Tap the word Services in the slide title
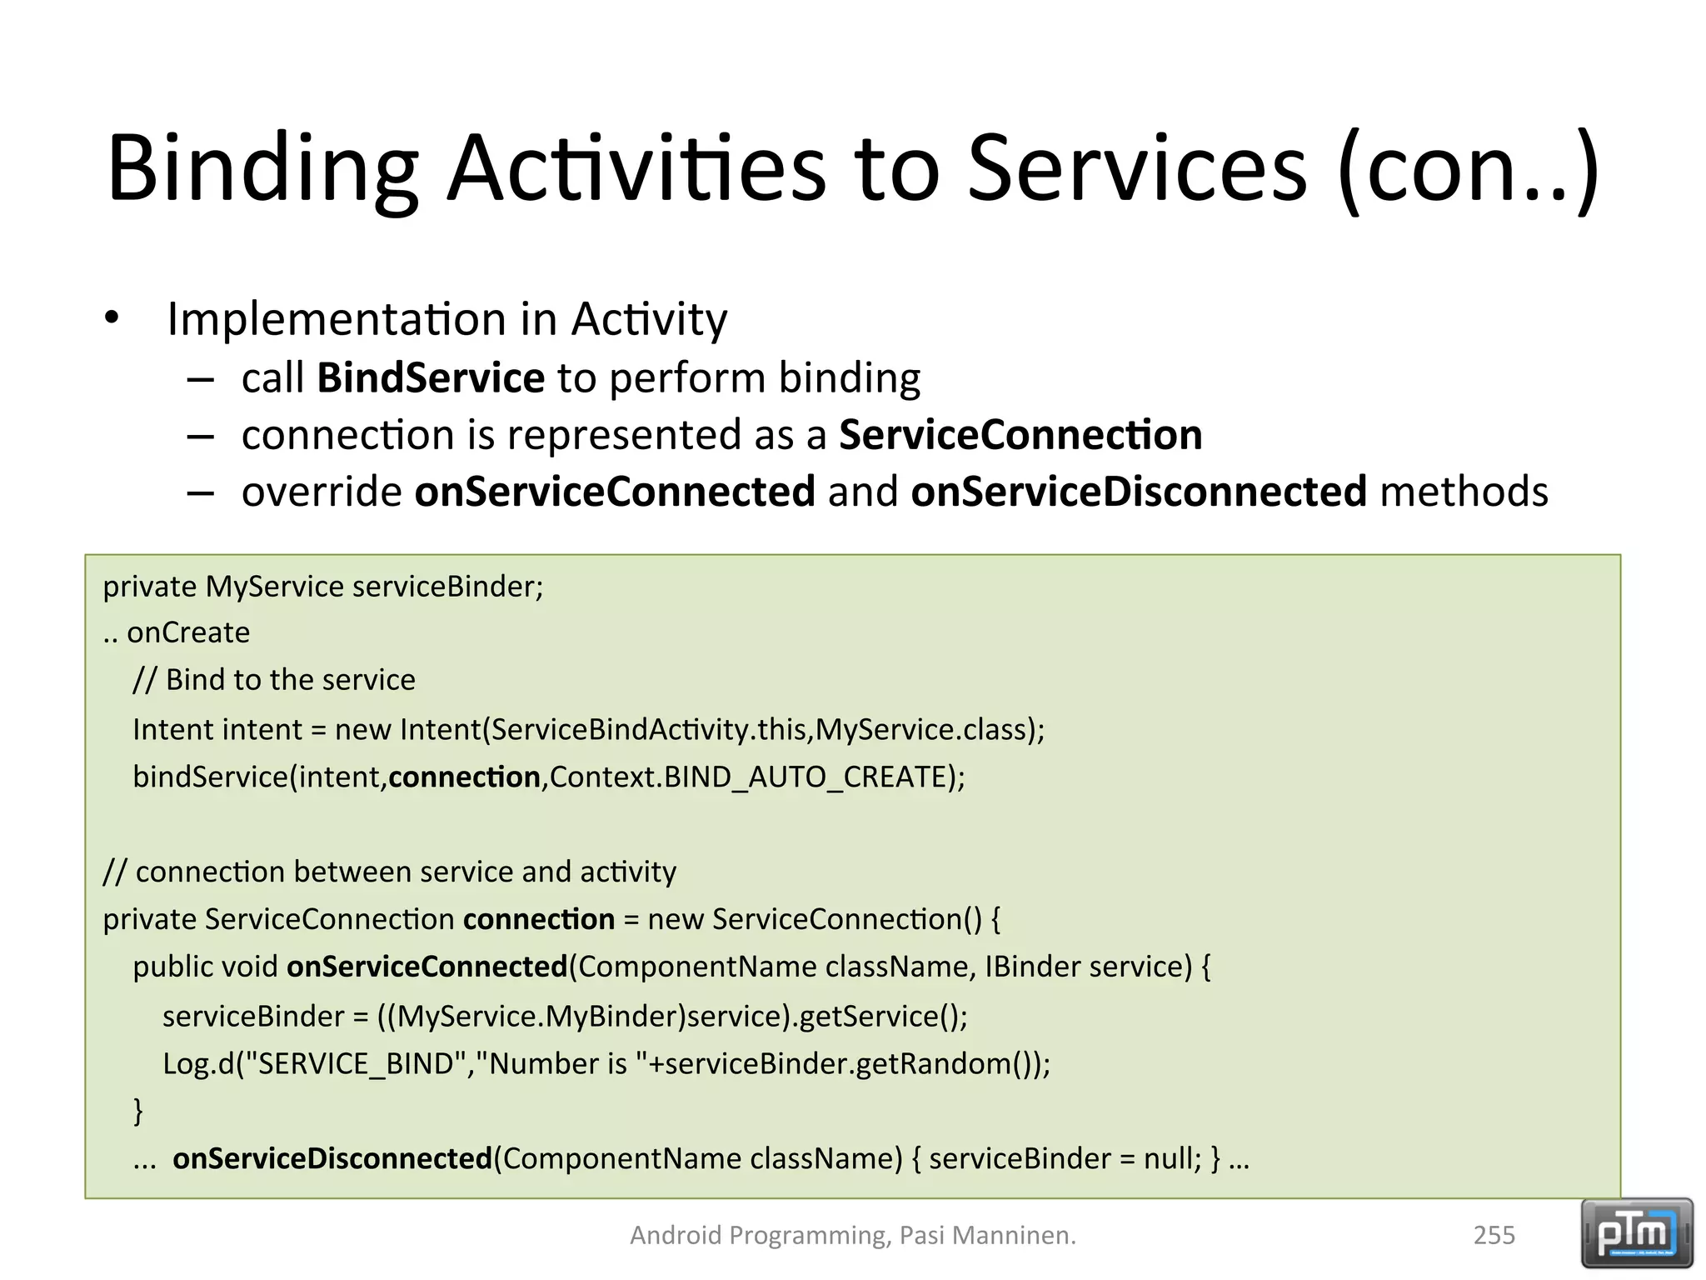1137,171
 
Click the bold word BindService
431,378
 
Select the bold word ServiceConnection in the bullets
1020,435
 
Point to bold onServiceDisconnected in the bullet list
1139,492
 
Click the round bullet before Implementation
112,318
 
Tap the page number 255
1494,1235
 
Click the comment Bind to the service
275,680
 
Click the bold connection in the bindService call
464,777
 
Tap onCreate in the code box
188,633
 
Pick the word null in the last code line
1171,1159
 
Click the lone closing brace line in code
138,1111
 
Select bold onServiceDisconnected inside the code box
332,1159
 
